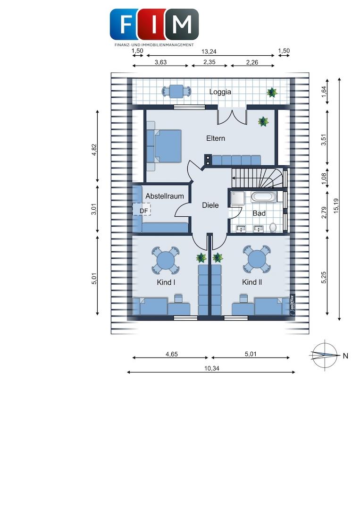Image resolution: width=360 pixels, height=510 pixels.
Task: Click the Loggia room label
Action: (x=220, y=92)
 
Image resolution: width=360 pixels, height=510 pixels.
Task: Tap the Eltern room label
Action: (x=216, y=138)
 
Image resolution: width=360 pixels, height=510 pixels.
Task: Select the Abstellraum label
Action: (x=164, y=196)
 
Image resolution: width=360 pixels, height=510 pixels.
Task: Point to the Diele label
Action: (x=210, y=205)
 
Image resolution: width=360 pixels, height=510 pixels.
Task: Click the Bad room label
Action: (x=259, y=213)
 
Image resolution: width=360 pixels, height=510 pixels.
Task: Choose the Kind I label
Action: (x=166, y=282)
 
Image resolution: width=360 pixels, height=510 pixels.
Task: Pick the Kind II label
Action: (x=252, y=282)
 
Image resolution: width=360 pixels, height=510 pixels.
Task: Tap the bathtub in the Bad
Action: (x=264, y=197)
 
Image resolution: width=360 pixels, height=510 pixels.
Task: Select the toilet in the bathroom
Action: (x=273, y=227)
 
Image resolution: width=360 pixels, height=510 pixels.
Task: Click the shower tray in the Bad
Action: (x=237, y=198)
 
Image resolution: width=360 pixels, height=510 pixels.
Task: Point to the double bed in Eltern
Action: (x=164, y=146)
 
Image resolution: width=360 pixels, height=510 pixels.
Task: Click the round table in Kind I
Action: (x=166, y=260)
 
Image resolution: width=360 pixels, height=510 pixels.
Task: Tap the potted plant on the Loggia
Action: (x=272, y=93)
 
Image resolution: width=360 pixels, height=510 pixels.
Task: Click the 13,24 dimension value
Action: (x=209, y=51)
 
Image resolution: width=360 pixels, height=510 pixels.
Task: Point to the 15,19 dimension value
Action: (x=335, y=206)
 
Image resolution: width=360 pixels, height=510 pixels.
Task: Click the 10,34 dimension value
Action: (x=211, y=368)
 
